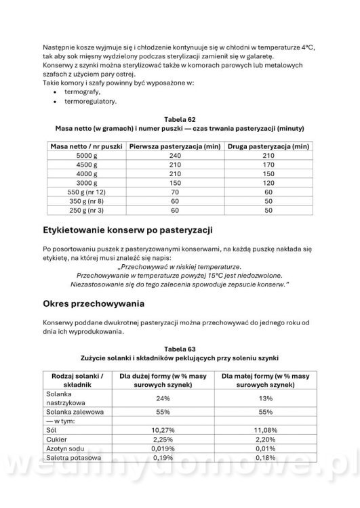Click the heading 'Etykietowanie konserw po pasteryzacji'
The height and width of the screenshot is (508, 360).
pos(127,229)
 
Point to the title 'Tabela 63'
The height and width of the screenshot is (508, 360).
pos(179,347)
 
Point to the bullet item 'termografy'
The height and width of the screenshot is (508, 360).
pos(82,91)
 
